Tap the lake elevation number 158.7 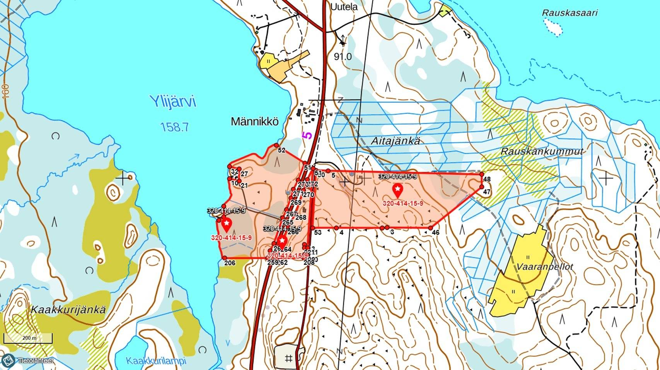click(174, 127)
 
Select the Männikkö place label click(254, 122)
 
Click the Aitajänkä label click(395, 141)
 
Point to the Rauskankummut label click(542, 151)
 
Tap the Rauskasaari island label click(570, 13)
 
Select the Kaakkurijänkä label click(68, 310)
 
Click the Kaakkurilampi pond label click(156, 361)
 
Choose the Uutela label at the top click(344, 7)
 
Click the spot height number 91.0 click(343, 57)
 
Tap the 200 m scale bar click(28, 338)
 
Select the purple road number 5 click(307, 135)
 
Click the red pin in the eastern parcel click(397, 190)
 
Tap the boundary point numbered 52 click(276, 145)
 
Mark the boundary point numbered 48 click(482, 174)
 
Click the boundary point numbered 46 click(431, 228)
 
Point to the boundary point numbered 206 click(224, 258)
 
